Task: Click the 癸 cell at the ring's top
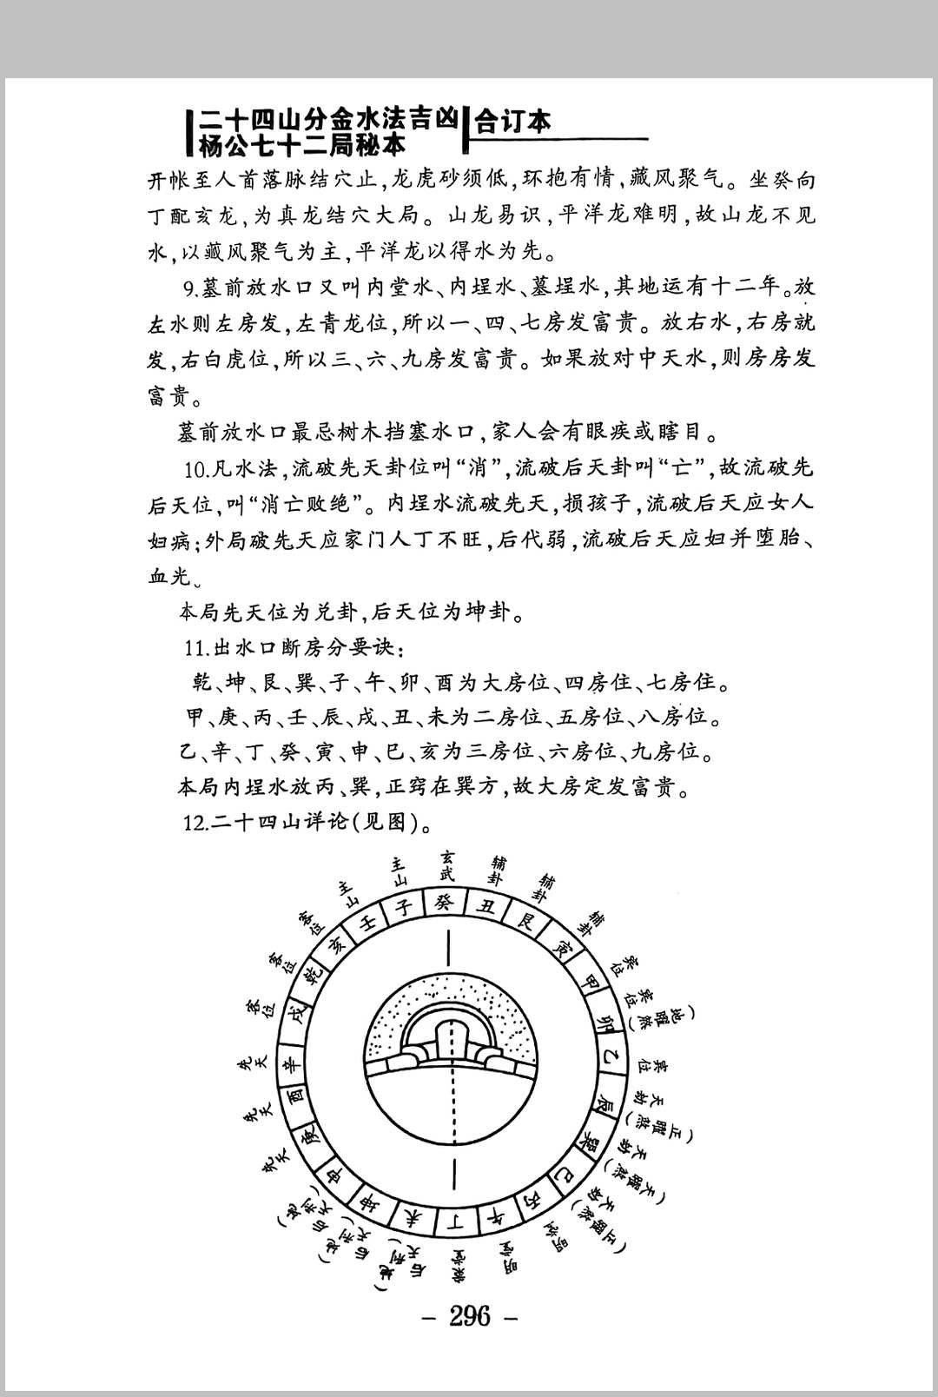coord(444,904)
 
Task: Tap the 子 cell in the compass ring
coord(404,908)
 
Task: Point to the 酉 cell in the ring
coord(295,1097)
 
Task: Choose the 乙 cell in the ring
coord(609,1059)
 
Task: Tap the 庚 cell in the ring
coord(310,1136)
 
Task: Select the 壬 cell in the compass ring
coord(367,923)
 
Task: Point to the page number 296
coord(469,1316)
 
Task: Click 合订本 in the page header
coord(514,121)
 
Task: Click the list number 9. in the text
coord(190,288)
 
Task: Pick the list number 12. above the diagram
coord(195,822)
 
